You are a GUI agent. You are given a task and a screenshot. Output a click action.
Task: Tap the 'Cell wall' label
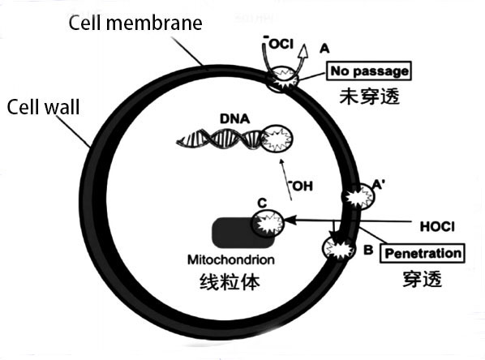point(42,106)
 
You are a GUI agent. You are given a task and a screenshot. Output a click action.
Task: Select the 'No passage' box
point(369,72)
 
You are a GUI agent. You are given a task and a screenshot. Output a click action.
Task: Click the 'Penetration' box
point(422,252)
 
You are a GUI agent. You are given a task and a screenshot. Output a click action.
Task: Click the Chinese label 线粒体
point(228,283)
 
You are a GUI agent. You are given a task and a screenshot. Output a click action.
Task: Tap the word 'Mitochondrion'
point(228,260)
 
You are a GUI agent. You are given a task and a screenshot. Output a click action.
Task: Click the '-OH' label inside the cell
point(301,186)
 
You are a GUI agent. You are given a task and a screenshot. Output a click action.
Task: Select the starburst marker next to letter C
point(268,222)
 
